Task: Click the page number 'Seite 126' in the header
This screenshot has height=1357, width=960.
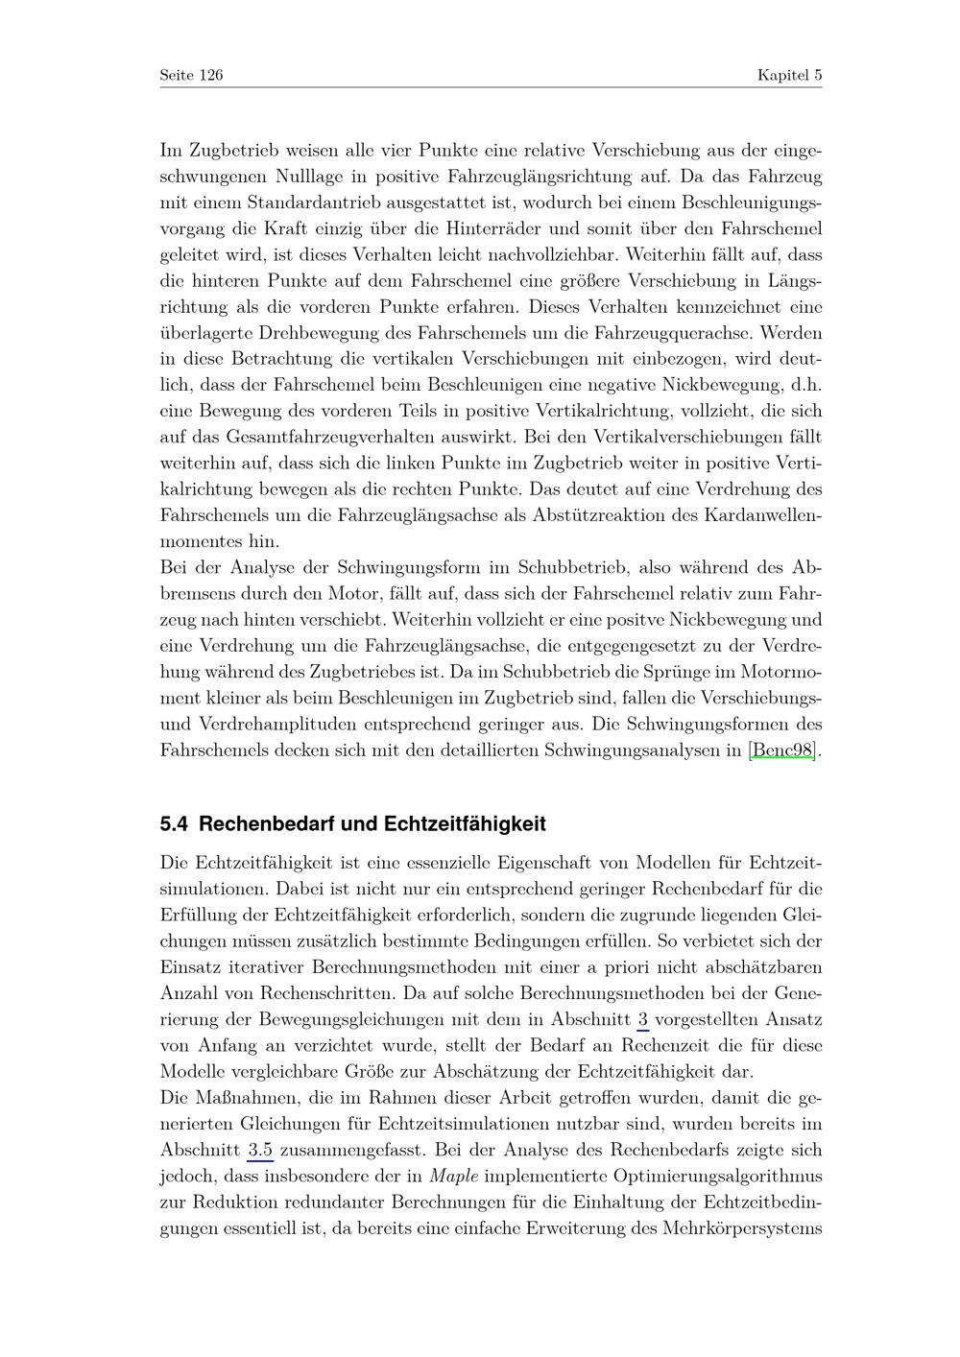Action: (191, 75)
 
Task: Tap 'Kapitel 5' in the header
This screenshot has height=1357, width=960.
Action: (789, 75)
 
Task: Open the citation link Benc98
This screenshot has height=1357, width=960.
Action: (781, 750)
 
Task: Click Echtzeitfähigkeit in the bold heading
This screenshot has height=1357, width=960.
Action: (465, 823)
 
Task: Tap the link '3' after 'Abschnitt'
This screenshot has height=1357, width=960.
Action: (642, 1019)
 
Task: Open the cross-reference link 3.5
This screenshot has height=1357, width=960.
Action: (260, 1150)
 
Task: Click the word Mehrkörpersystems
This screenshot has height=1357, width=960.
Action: (742, 1227)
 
